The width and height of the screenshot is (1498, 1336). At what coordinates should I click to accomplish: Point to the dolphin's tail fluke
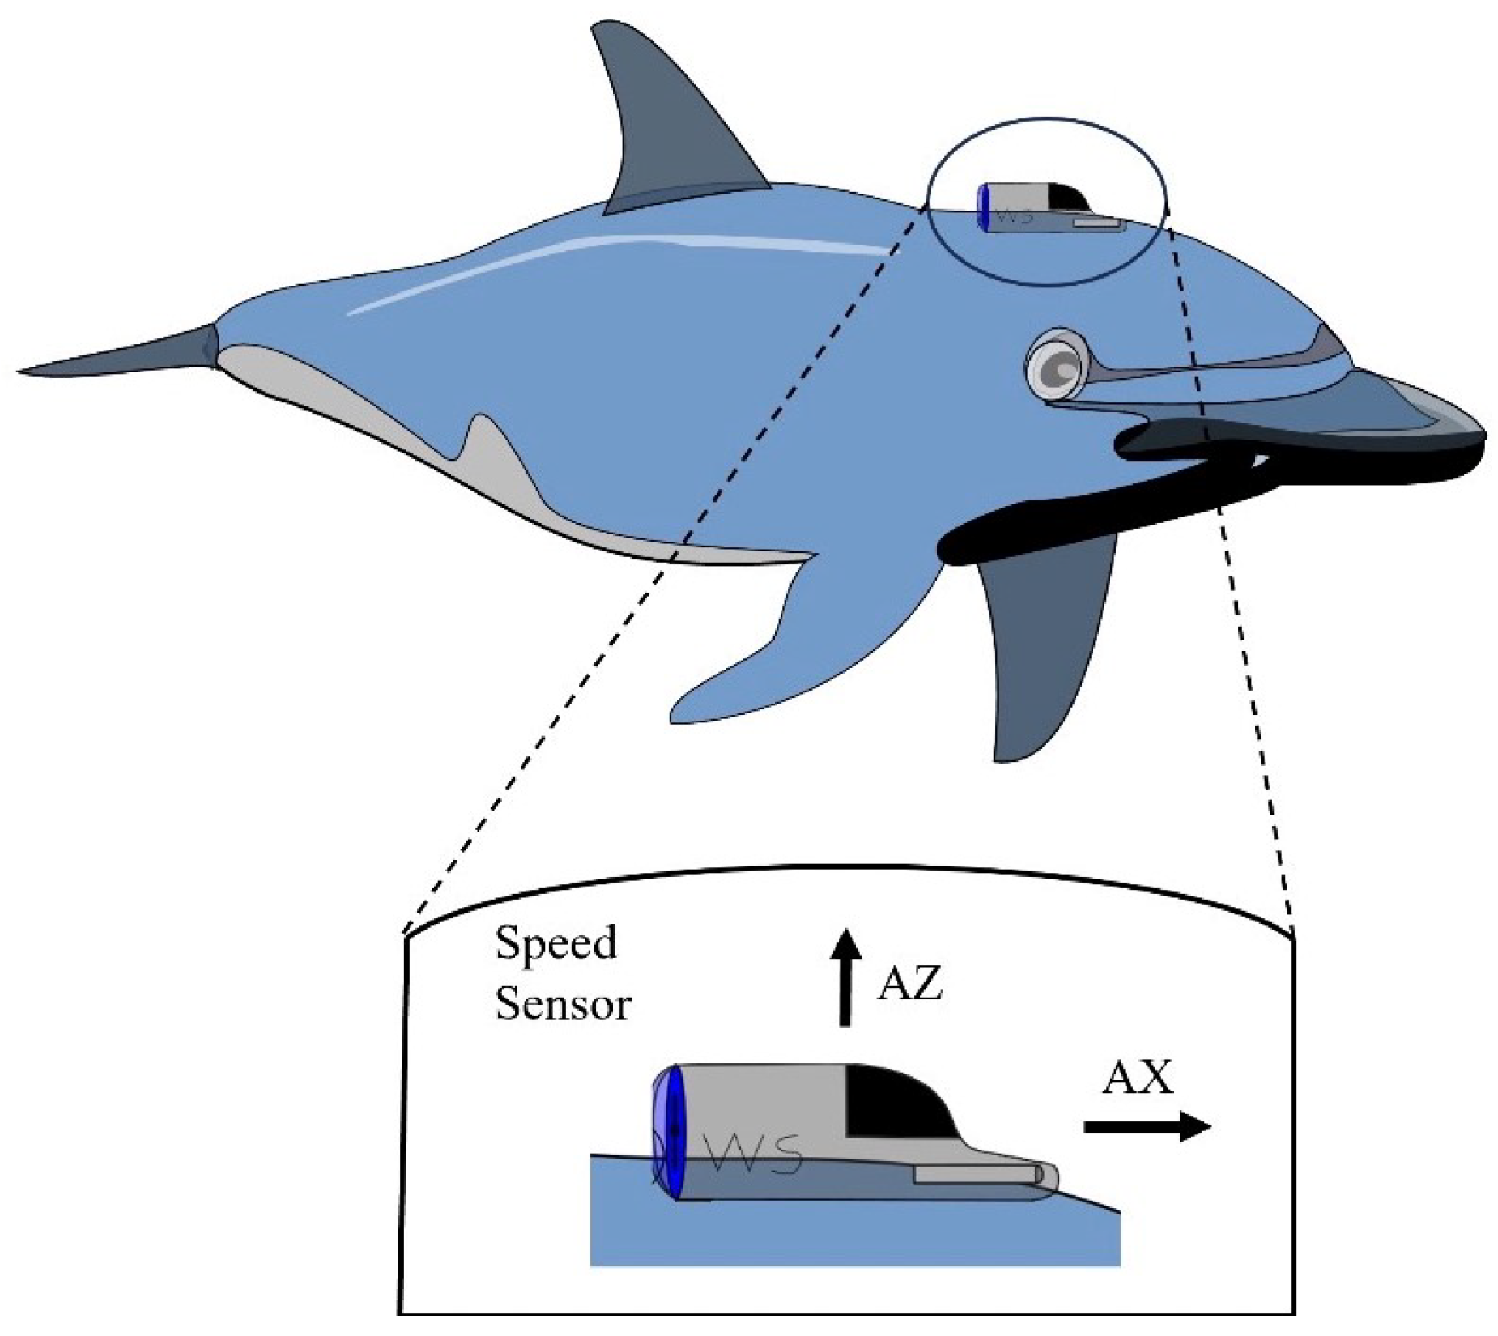coord(121,356)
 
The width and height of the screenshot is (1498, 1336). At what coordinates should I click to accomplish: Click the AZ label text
coord(909,985)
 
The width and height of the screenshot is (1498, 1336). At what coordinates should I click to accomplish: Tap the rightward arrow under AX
coord(1146,1126)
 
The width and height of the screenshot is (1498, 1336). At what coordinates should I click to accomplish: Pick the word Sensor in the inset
coord(563,1005)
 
